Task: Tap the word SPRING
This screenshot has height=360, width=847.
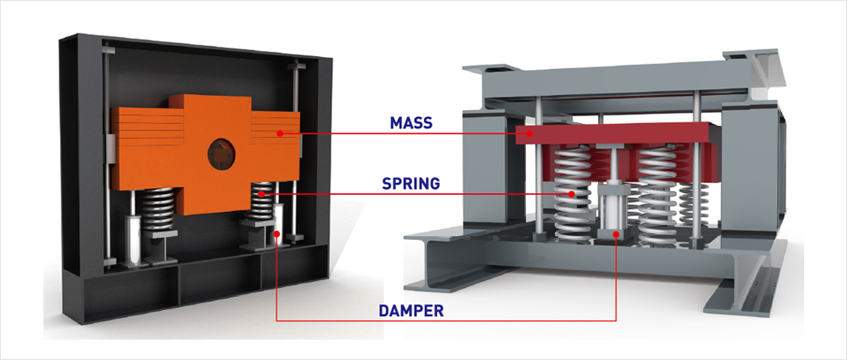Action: [410, 184]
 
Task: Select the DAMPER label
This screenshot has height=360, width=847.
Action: [411, 310]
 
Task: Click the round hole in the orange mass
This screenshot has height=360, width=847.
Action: [219, 153]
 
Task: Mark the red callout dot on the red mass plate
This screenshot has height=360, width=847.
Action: [529, 133]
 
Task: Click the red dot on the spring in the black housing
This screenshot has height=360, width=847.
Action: [260, 193]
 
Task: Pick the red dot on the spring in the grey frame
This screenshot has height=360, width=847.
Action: [571, 193]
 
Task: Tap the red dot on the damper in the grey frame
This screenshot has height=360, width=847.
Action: [616, 233]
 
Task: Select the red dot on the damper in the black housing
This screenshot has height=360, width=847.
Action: [277, 233]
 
